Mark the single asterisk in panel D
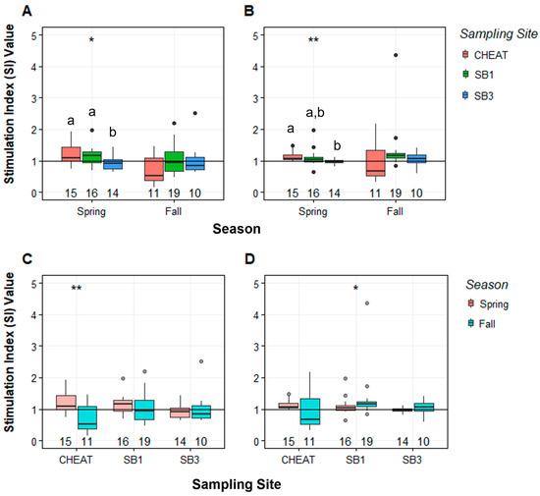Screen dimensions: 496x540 (x=354, y=288)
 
